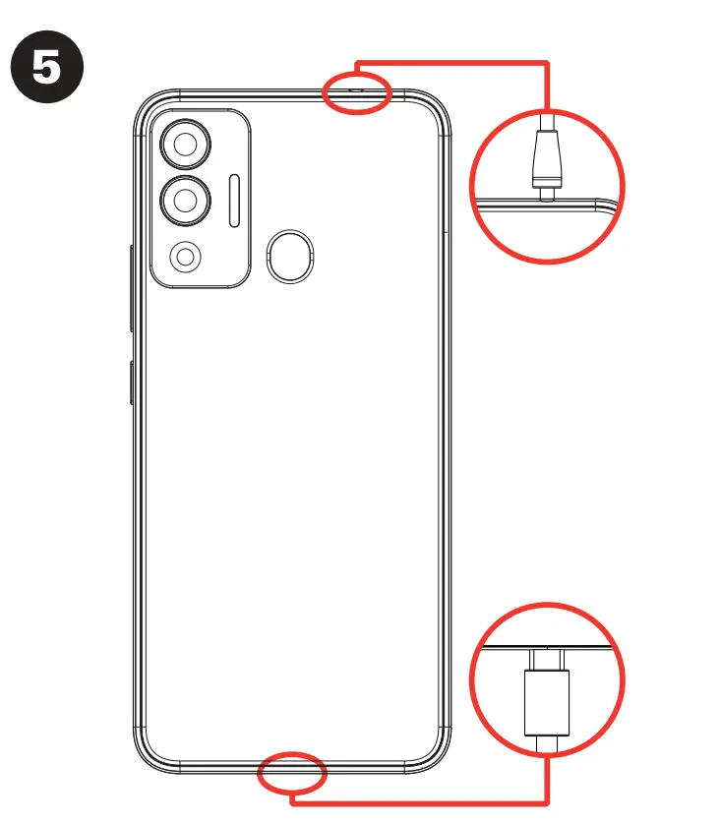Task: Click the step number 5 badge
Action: pos(46,70)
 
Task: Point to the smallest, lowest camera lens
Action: pos(184,258)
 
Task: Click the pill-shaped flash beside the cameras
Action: pos(234,201)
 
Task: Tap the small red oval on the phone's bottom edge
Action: pos(292,774)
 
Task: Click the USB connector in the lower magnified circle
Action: pos(547,703)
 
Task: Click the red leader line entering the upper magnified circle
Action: pos(547,88)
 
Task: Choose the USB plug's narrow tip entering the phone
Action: pos(547,659)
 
